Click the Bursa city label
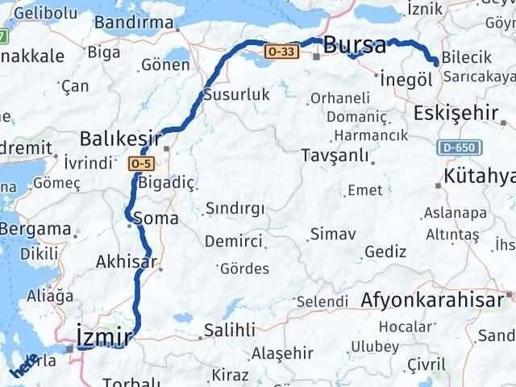coord(355,45)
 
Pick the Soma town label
coord(158,218)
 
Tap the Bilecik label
coord(468,60)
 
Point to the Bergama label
coord(35,229)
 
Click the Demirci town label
coord(233,241)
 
